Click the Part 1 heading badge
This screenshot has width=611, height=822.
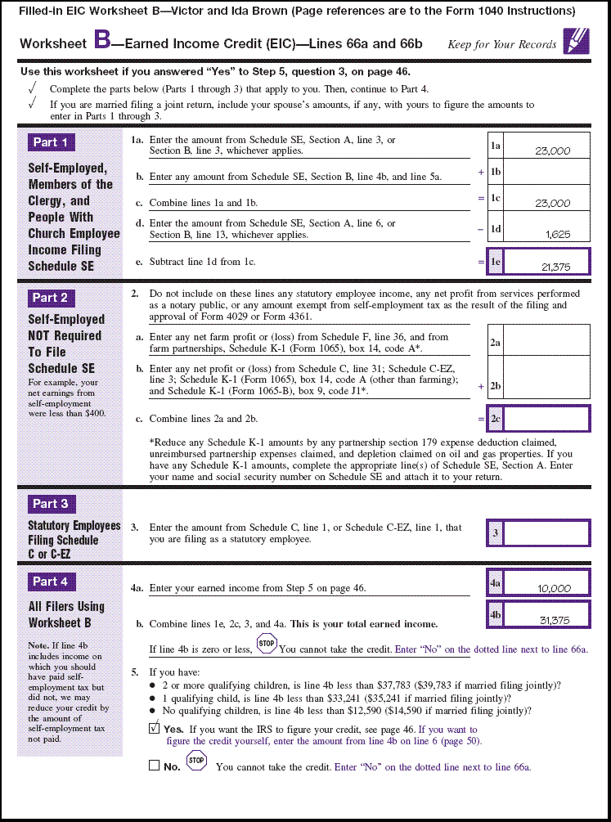pos(50,142)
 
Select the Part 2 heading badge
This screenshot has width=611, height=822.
pos(50,298)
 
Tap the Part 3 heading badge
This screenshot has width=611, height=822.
pos(50,504)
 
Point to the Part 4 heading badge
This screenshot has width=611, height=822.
pos(50,582)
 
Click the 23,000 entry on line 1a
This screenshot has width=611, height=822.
pos(552,150)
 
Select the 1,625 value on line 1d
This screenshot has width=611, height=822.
pos(558,234)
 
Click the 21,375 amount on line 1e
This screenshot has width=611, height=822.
pos(555,267)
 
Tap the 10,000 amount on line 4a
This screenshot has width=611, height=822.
pos(555,588)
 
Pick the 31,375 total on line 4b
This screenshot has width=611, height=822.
pos(555,620)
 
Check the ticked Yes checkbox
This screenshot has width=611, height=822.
pos(155,728)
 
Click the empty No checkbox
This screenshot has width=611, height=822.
pos(155,766)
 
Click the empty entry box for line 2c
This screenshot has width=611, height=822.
pos(546,419)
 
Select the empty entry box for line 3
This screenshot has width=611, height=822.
pos(546,533)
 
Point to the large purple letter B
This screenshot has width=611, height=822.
pos(102,40)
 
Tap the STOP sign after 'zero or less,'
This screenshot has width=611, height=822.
pos(267,644)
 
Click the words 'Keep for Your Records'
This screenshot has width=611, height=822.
pos(501,45)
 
